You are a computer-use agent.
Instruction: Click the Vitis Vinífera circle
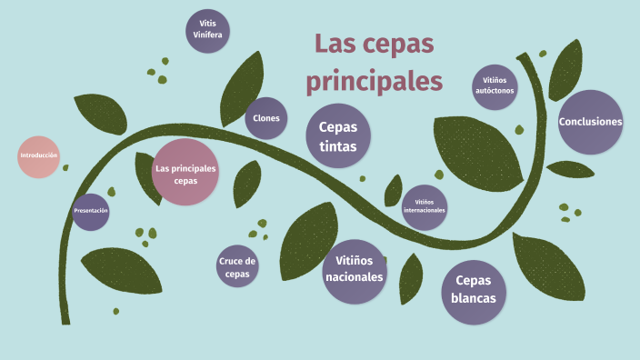208,32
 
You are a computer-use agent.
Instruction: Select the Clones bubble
266,118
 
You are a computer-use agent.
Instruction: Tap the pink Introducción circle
39,155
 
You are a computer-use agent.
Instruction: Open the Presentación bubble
91,211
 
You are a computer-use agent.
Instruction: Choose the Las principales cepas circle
185,172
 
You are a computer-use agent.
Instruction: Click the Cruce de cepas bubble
237,267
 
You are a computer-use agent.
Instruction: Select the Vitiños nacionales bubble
354,267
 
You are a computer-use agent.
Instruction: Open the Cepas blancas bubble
474,292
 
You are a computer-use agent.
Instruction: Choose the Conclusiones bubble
590,122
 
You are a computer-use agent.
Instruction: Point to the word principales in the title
375,80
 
